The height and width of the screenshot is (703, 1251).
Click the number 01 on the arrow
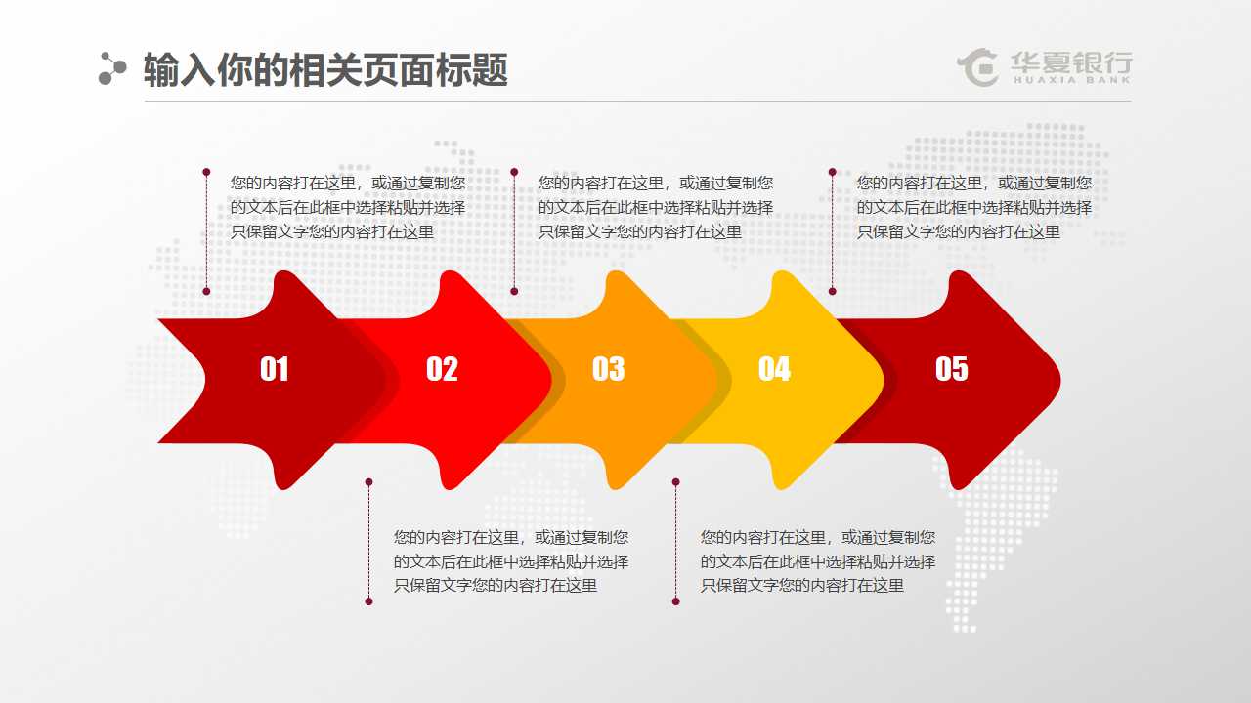point(275,369)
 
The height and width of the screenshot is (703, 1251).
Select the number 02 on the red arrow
point(442,369)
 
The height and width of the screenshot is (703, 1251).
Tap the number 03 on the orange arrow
point(608,369)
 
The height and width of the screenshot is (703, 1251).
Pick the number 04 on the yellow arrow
point(774,369)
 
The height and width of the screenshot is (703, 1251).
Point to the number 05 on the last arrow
point(951,369)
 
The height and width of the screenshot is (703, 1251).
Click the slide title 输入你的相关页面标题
point(325,70)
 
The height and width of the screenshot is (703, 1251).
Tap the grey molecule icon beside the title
point(112,68)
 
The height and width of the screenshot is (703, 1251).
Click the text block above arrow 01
point(347,207)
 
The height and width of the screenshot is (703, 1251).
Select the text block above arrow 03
point(655,207)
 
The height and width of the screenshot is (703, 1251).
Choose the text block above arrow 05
point(973,207)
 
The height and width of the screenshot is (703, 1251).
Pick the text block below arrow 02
point(510,561)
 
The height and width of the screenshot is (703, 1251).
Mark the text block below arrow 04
point(817,561)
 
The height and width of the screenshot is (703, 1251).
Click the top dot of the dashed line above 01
point(206,172)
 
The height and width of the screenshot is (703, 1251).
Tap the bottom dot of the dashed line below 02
point(368,601)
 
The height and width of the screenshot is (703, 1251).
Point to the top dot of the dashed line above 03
point(514,172)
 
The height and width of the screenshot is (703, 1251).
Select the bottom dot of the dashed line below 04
point(675,601)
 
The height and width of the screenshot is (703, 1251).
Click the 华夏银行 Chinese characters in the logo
point(1070,63)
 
